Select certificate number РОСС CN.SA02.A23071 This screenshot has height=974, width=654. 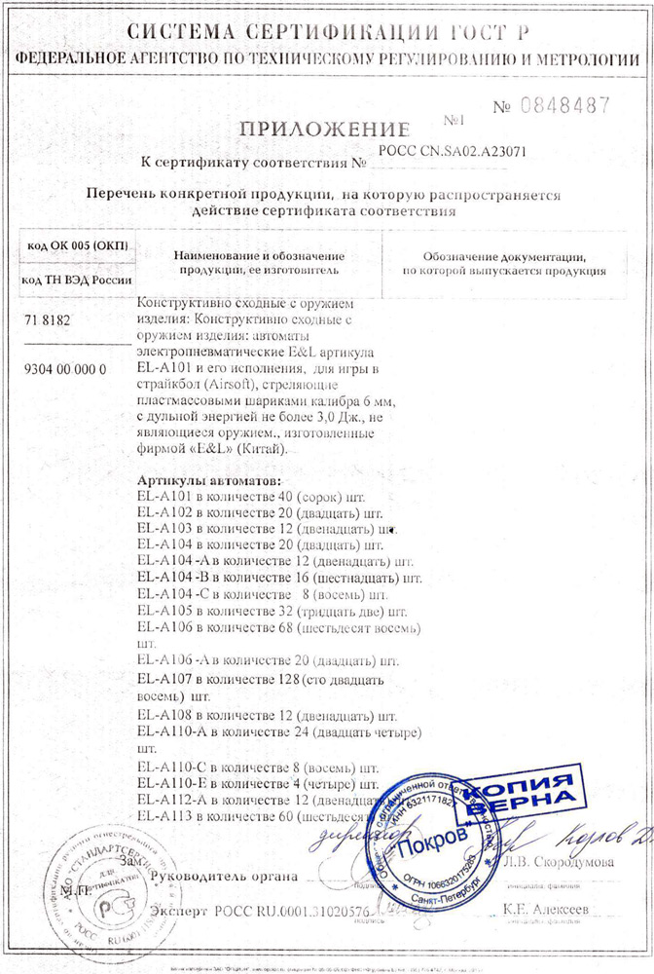[x=457, y=152]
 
